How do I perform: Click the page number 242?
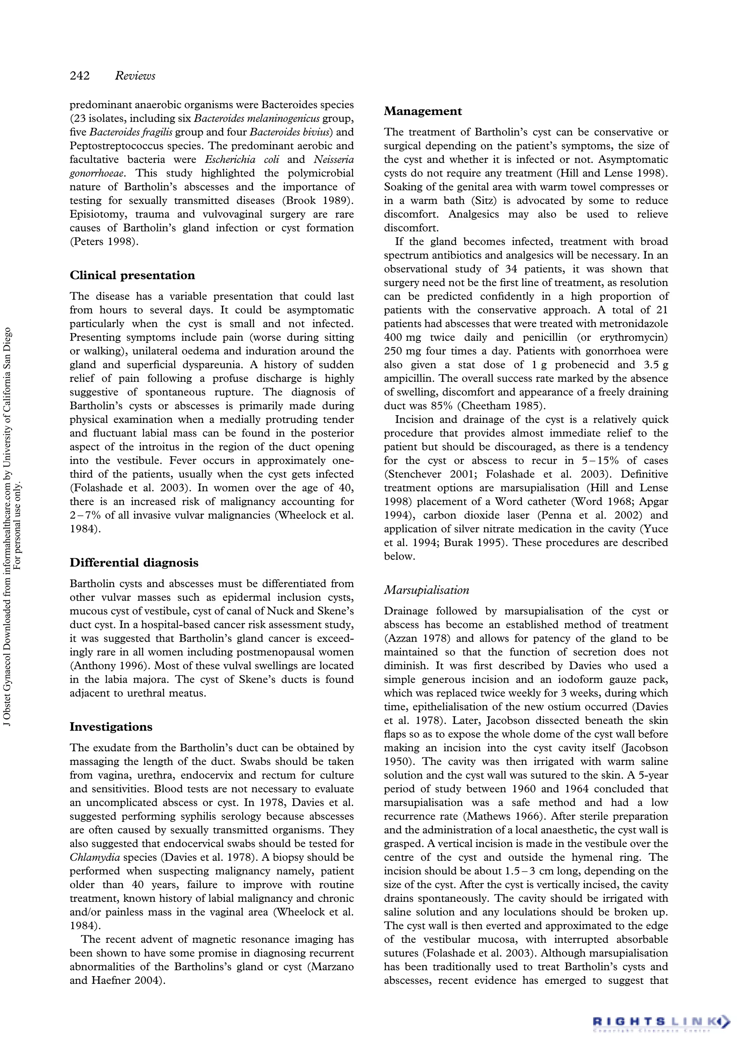(x=79, y=76)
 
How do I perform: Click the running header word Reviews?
(x=135, y=76)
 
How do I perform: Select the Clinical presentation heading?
(x=132, y=275)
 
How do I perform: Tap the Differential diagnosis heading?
(x=134, y=563)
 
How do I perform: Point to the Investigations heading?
(x=111, y=727)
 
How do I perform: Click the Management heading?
(x=423, y=111)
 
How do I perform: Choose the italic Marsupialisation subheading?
(x=426, y=590)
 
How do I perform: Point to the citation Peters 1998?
(x=103, y=242)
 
